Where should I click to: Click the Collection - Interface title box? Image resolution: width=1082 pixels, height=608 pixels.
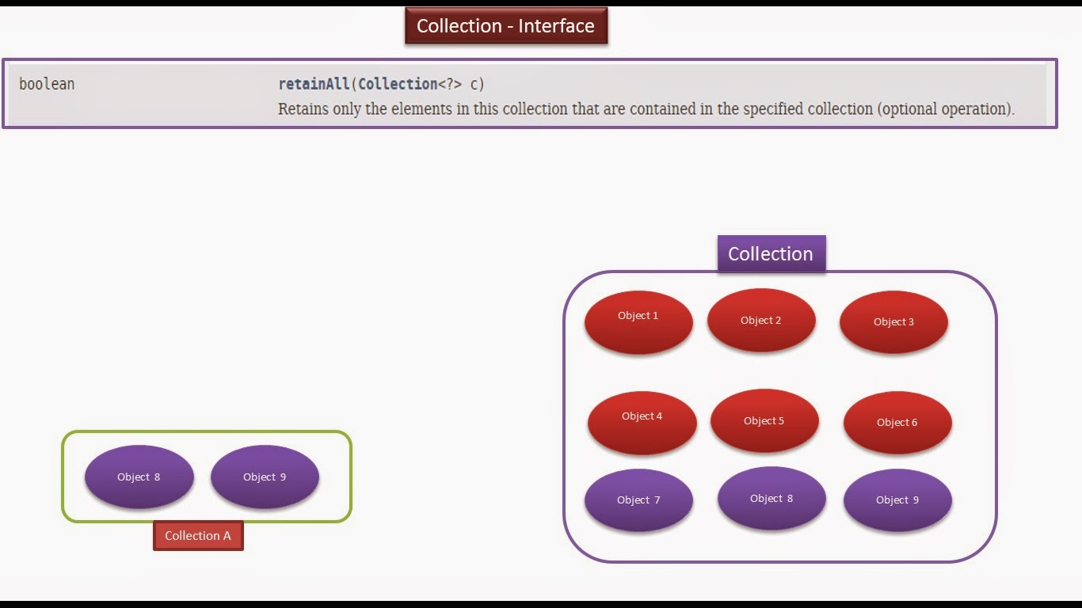[505, 26]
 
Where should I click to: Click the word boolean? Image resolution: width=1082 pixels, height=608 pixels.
[47, 84]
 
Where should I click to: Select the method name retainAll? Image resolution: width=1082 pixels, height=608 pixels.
[314, 84]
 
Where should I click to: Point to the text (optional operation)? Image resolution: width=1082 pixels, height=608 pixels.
[946, 109]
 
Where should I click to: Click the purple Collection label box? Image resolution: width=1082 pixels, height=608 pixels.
[771, 254]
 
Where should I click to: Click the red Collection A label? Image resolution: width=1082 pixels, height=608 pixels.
[198, 536]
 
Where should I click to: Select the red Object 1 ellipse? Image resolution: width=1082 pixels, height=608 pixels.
[638, 321]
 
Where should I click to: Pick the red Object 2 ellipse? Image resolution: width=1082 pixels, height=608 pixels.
[761, 321]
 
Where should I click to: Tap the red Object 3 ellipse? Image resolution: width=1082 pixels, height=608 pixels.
[893, 322]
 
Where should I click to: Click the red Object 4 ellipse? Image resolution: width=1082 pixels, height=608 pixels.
[642, 422]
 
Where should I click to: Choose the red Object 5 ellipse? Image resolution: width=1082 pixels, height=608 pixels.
[764, 420]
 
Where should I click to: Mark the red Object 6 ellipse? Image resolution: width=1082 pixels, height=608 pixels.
[897, 422]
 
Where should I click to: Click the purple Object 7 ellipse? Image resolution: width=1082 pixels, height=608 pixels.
[638, 500]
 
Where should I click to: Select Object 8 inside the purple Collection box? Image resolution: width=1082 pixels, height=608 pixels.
[771, 499]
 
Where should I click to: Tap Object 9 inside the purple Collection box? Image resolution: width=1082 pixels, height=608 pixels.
[897, 500]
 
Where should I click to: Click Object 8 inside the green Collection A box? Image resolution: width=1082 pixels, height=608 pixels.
[139, 477]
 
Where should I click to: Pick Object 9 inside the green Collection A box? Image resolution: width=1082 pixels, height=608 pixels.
[265, 477]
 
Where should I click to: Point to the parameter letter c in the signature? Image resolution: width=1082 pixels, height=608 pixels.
[474, 84]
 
